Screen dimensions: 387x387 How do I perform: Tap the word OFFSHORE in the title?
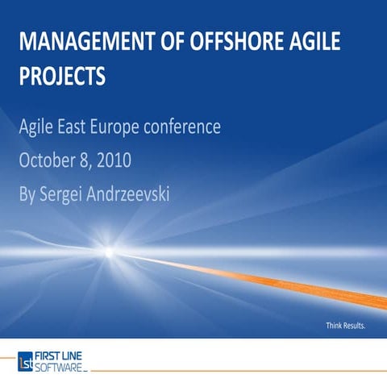tap(231, 42)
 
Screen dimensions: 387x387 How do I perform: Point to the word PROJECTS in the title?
tap(63, 77)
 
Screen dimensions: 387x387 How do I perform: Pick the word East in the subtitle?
tap(80, 127)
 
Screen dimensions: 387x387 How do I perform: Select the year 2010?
tap(114, 160)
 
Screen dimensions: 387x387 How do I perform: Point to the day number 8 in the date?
tap(85, 160)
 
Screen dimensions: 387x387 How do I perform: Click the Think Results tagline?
tap(346, 326)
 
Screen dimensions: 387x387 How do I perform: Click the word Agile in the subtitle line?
tap(40, 127)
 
